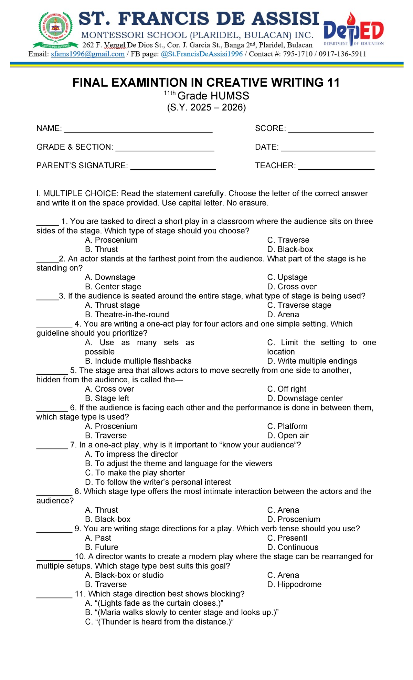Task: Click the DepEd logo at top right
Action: coord(353,30)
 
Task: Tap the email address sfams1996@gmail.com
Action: coord(87,54)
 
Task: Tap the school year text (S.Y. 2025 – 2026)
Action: coord(206,107)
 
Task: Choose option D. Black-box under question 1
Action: coord(290,249)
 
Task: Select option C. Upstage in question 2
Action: coord(287,277)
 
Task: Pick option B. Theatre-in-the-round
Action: coord(127,315)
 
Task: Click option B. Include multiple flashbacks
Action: coord(138,361)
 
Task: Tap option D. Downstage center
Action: coord(305,398)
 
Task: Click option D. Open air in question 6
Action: coord(288,435)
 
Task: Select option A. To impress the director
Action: coord(131,454)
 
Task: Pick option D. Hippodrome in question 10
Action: coord(294,584)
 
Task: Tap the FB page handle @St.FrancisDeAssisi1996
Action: coord(202,54)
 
